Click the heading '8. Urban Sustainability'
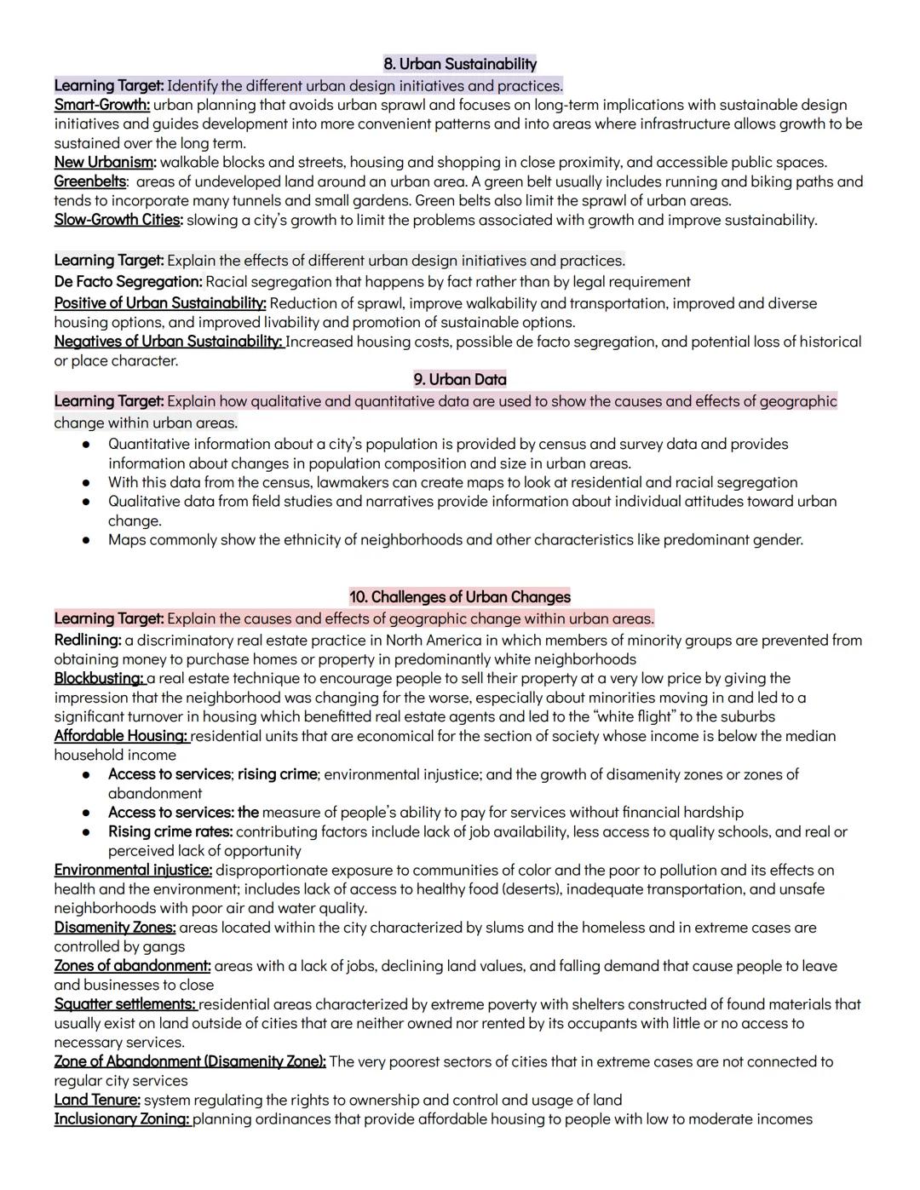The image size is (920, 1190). coord(460,64)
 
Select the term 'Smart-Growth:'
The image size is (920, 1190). coord(101,105)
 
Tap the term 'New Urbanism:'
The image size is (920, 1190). coord(105,162)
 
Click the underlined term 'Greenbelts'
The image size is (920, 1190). coord(89,181)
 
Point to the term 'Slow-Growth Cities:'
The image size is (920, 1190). coord(118,220)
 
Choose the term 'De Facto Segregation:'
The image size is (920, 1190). coord(128,282)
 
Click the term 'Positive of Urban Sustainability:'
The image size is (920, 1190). coord(160,303)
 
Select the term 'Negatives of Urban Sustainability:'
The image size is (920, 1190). coord(169,342)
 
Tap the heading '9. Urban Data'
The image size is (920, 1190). coord(460,379)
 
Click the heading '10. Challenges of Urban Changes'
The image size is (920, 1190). coord(460,596)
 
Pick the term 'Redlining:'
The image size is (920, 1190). coord(88,640)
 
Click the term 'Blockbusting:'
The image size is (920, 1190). coord(99,678)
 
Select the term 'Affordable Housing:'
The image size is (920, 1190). coord(121,735)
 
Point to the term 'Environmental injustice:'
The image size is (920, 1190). coord(133,870)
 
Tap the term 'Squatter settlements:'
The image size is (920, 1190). coord(124,1004)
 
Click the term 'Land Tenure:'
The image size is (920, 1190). coord(97,1100)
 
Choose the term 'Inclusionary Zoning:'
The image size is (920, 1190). coord(122,1118)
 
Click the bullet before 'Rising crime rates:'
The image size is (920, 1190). coord(86,832)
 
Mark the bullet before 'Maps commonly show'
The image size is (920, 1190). coord(86,540)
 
